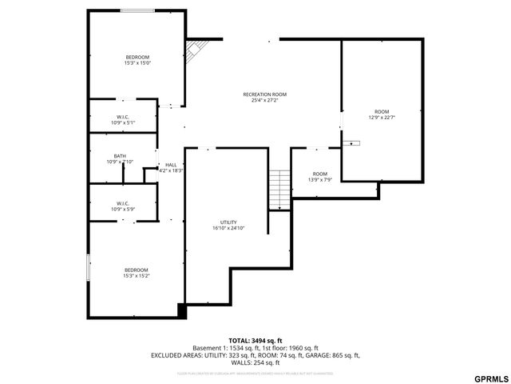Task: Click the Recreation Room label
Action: tap(264, 94)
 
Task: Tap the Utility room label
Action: tap(228, 222)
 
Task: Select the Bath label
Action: tap(120, 156)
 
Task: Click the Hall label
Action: tap(171, 164)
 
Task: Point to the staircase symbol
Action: tap(279, 190)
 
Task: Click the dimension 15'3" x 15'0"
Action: tap(137, 63)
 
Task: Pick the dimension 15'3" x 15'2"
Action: tap(137, 276)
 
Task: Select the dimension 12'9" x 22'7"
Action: tap(382, 118)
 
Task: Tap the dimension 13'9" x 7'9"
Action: tap(319, 180)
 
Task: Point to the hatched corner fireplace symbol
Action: tap(193, 50)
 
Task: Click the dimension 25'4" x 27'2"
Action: tap(264, 101)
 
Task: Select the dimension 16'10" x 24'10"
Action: tap(228, 229)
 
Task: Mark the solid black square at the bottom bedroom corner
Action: tap(181, 312)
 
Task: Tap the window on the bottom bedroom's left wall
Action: tap(88, 267)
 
